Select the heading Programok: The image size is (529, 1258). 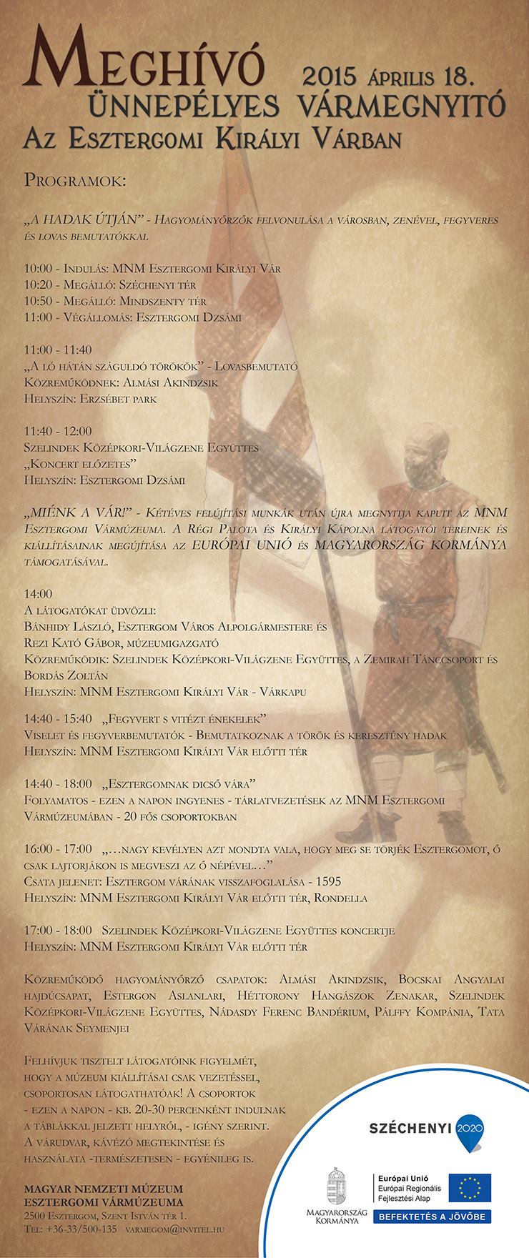(74, 180)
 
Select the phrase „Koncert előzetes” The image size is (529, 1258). (81, 464)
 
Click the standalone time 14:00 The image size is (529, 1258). (38, 594)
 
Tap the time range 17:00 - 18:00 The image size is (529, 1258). (58, 931)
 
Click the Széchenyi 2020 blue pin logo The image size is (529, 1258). (470, 1127)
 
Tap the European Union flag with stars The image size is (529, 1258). (470, 1188)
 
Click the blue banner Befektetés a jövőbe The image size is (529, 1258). (432, 1217)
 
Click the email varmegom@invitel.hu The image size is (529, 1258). (174, 1230)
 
